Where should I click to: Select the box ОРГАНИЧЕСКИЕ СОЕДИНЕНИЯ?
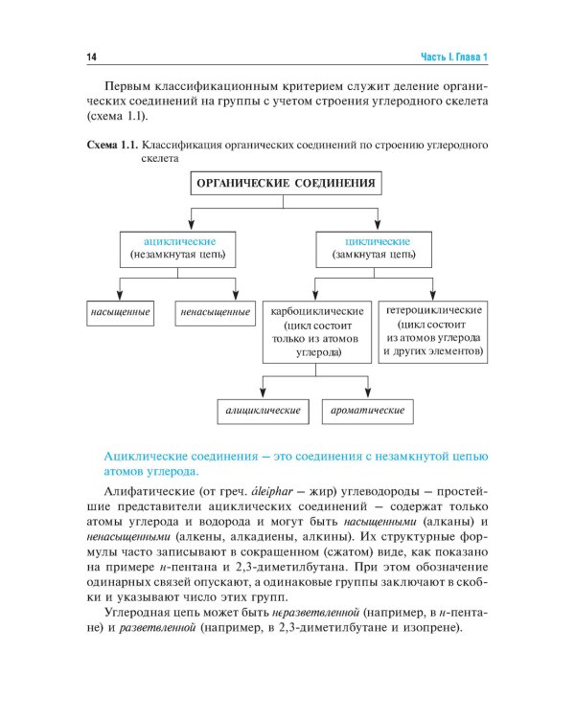[285, 183]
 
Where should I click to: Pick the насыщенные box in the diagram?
[118, 312]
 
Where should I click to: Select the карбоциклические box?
[317, 332]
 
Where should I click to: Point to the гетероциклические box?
[433, 331]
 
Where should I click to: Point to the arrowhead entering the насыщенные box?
[118, 296]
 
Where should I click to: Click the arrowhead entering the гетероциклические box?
[433, 296]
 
